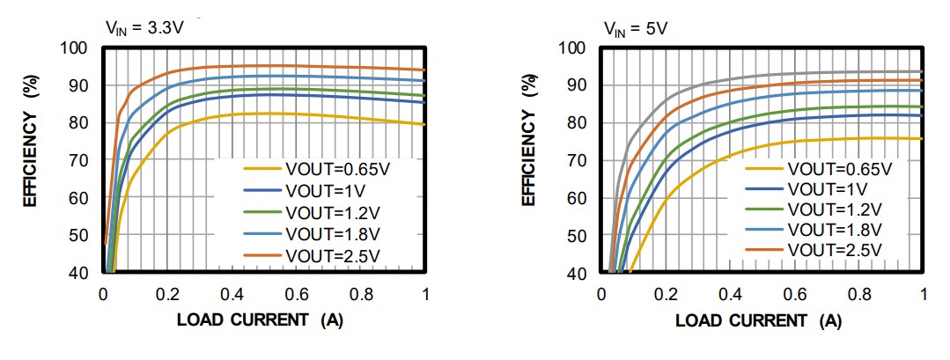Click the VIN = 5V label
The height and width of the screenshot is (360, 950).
click(x=635, y=28)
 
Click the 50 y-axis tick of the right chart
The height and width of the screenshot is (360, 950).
click(x=578, y=236)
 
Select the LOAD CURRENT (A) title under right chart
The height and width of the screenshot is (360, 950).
click(x=757, y=321)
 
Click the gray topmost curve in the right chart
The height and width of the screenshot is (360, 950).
click(x=792, y=73)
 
